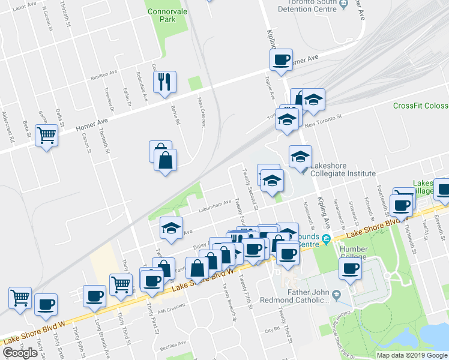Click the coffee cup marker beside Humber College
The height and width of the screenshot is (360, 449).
point(350,269)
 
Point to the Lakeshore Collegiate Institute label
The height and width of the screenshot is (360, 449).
point(340,173)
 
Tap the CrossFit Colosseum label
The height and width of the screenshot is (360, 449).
point(420,106)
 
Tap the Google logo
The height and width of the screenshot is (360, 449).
point(20,353)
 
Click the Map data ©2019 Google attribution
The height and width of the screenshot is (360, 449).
point(411,355)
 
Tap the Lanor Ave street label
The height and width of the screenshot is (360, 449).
point(11,7)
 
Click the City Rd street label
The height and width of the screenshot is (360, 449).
point(273,329)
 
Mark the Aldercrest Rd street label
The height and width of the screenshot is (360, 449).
point(7,126)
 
